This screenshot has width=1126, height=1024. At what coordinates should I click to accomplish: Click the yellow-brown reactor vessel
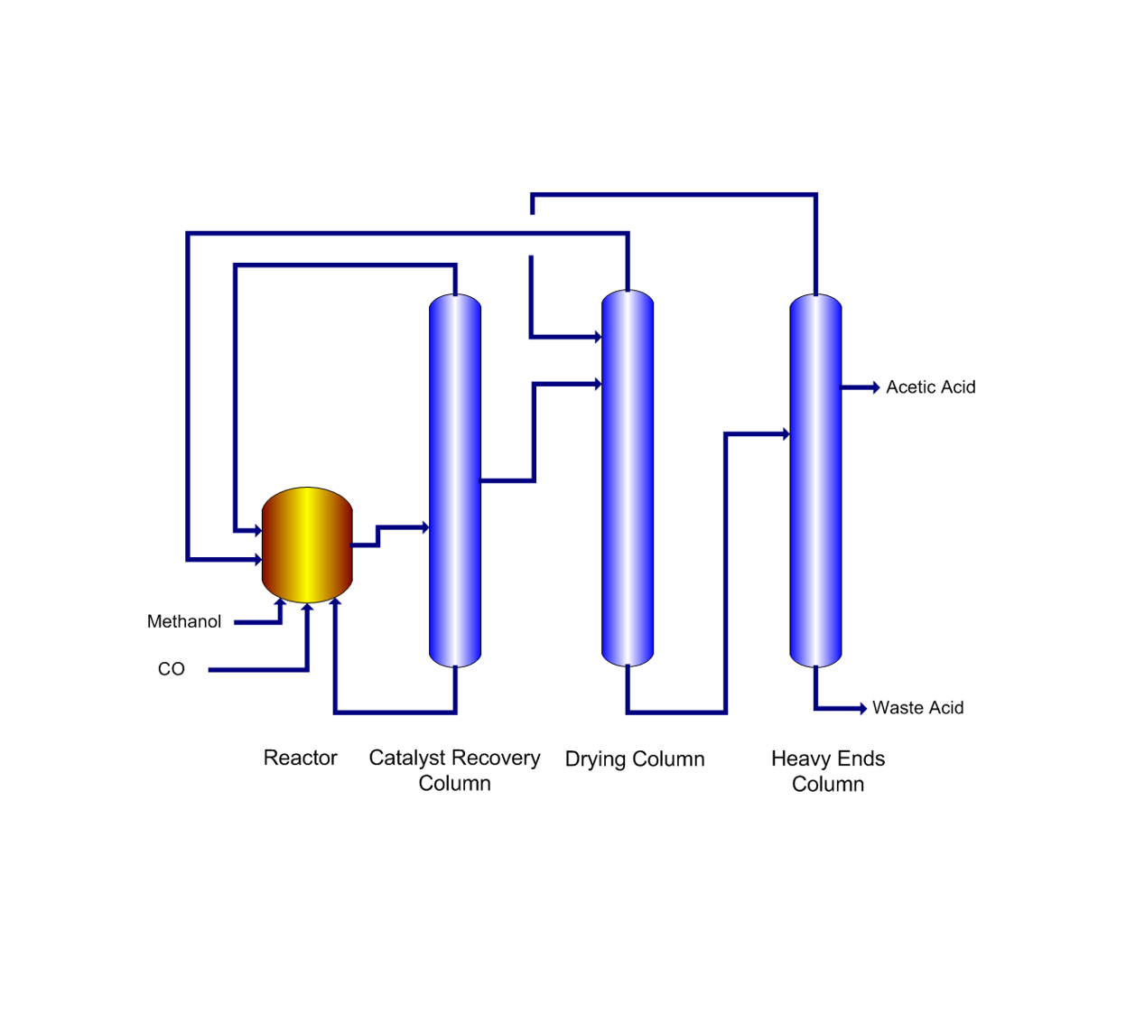307,545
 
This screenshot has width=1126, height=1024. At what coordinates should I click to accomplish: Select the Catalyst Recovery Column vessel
455,480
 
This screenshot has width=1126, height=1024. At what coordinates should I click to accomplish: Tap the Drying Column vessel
628,479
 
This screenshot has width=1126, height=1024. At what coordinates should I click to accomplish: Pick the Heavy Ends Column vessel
815,480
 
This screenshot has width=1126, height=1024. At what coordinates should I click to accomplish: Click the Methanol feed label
184,621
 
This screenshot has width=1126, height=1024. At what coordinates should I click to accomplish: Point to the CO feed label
172,669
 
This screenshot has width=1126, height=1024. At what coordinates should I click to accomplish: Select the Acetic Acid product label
930,387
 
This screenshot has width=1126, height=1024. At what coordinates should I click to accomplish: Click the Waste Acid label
917,708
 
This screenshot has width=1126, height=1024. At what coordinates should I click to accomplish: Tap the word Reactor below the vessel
300,758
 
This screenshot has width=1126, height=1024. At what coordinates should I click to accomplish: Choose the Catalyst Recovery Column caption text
454,770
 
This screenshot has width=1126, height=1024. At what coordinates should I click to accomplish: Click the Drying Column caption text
635,759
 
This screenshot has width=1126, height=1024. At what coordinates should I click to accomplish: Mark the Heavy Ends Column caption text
828,771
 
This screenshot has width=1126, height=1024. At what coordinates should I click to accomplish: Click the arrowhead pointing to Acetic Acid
875,387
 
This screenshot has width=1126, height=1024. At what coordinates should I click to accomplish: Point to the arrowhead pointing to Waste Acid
862,708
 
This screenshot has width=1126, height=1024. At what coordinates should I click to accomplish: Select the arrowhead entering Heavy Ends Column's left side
786,434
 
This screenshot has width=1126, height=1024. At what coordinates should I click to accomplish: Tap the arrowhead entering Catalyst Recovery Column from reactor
424,527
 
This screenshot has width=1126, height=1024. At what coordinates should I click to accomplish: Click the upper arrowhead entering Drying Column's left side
597,337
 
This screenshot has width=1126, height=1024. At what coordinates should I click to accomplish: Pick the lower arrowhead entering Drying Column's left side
597,384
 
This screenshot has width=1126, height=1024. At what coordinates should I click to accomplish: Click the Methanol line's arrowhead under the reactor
280,603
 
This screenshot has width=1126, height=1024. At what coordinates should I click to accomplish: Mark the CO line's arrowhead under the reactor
307,608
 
